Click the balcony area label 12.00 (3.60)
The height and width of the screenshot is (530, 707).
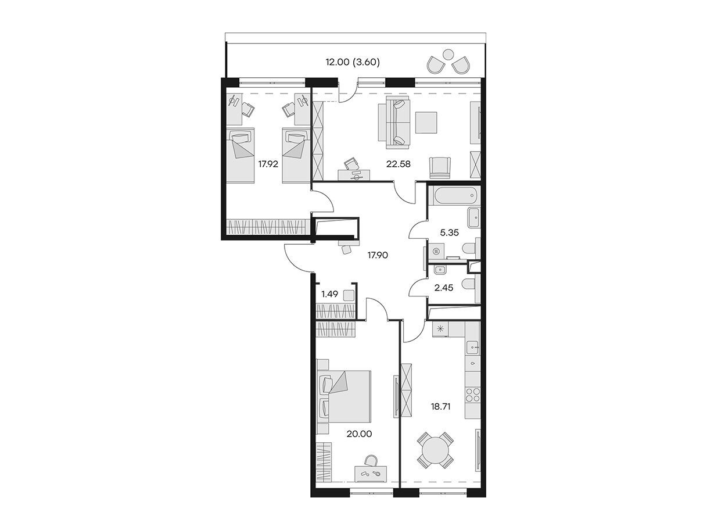pyautogui.click(x=353, y=62)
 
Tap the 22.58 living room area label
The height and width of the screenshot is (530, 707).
pyautogui.click(x=398, y=164)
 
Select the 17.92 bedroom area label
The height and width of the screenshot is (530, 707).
pyautogui.click(x=268, y=164)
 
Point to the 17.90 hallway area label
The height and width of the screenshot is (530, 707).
pyautogui.click(x=378, y=255)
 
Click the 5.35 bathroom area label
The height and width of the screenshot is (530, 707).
pyautogui.click(x=449, y=232)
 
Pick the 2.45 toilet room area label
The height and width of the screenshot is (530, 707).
pyautogui.click(x=443, y=288)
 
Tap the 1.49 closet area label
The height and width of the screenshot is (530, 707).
pyautogui.click(x=329, y=294)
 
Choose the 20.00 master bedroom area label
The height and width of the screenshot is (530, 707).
pyautogui.click(x=359, y=434)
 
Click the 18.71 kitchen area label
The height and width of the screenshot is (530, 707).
pyautogui.click(x=440, y=407)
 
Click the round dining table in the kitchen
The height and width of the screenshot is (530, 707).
pyautogui.click(x=435, y=450)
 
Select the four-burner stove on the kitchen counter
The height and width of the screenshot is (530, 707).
pyautogui.click(x=472, y=395)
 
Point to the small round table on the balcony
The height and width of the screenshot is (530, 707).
pyautogui.click(x=448, y=54)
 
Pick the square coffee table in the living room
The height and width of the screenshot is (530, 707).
pyautogui.click(x=426, y=123)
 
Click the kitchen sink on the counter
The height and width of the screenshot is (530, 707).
pyautogui.click(x=472, y=348)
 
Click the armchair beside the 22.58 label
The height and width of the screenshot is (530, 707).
pyautogui.click(x=440, y=167)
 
